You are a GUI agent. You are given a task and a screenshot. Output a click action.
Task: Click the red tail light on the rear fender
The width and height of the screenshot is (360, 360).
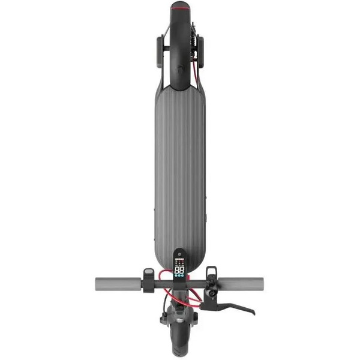pos(179,8)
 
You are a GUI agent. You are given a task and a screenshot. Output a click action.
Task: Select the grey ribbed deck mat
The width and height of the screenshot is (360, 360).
pos(179,168)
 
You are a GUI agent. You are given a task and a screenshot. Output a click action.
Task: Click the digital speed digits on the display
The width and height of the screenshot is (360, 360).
pos(179,271)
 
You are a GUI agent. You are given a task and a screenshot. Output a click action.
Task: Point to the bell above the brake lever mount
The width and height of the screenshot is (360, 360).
pos(209,275)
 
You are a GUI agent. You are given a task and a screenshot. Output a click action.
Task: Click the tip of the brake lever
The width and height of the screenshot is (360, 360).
pos(253,312)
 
